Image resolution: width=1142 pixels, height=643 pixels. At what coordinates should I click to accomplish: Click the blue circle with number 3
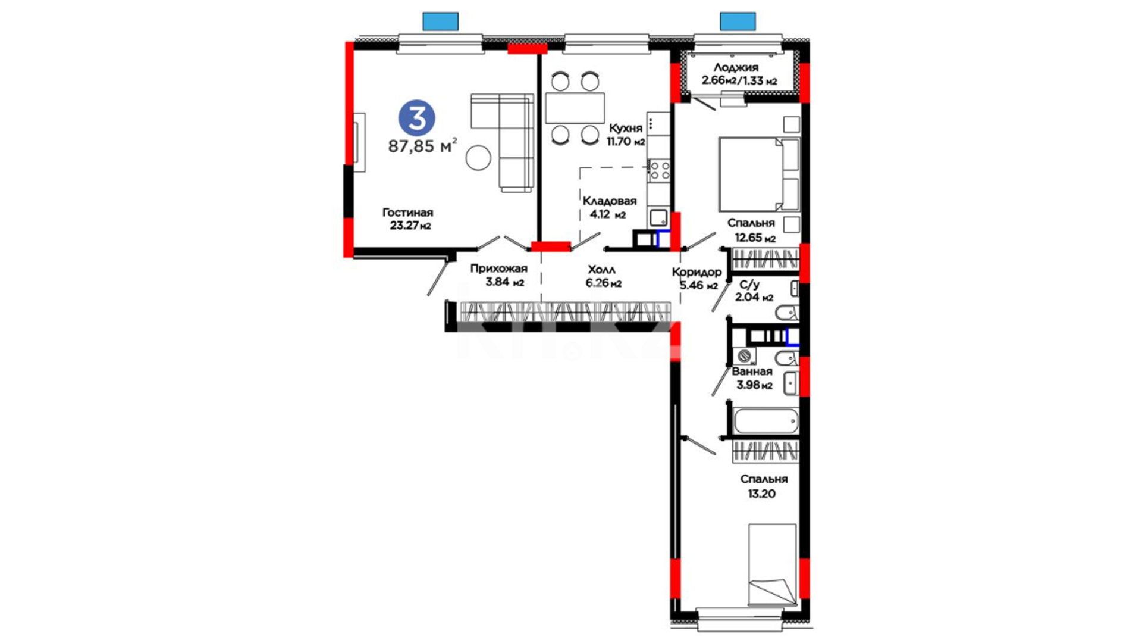coord(416,117)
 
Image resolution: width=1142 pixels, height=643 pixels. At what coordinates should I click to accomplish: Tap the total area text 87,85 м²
coord(423,145)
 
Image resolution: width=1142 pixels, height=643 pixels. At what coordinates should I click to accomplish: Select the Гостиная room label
coord(407,213)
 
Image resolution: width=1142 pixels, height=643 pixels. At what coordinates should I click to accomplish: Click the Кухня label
coord(625,128)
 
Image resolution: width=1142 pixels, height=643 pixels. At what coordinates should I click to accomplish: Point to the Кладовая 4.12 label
coord(609,208)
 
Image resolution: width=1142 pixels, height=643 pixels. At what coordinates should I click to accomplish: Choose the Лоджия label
coord(736,68)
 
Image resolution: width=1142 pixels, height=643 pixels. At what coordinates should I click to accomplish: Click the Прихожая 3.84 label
coord(498,275)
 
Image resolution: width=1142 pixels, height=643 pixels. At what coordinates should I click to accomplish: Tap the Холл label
coord(601,270)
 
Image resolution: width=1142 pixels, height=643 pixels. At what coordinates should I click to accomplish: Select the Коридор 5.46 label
coord(697,279)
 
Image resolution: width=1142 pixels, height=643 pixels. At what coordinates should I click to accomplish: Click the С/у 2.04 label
coord(754,291)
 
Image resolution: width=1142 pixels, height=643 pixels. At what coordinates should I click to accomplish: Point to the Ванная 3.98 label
coord(753,378)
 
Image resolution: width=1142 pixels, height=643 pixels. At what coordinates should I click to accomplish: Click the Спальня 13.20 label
coord(764,486)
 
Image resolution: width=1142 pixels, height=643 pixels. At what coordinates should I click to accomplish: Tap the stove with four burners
coord(659,170)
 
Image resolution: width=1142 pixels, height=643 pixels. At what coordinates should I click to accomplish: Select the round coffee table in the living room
coord(478,158)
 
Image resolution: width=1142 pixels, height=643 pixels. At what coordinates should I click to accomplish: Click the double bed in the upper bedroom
coord(759,174)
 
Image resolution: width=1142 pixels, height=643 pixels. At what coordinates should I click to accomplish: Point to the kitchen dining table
coord(575,108)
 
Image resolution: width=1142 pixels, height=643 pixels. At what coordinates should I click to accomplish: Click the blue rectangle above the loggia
coord(738,21)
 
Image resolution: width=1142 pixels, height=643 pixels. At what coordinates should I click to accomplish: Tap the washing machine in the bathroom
coord(744,356)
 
